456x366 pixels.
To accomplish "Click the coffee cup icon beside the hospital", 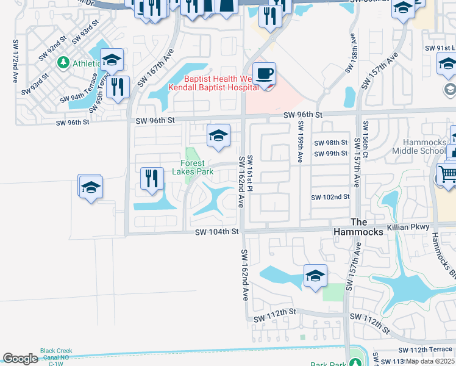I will (264, 74).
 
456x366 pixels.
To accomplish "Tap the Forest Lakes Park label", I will (196, 167).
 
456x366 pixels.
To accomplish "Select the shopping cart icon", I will (447, 174).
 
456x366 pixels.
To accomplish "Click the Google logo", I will (20, 358).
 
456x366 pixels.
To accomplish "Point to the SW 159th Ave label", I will (300, 141).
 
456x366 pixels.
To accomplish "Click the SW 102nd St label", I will (330, 197).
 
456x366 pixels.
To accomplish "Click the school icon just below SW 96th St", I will (218, 135).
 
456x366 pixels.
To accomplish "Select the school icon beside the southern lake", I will (315, 275).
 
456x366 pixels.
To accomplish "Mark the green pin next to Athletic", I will (63, 63).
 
